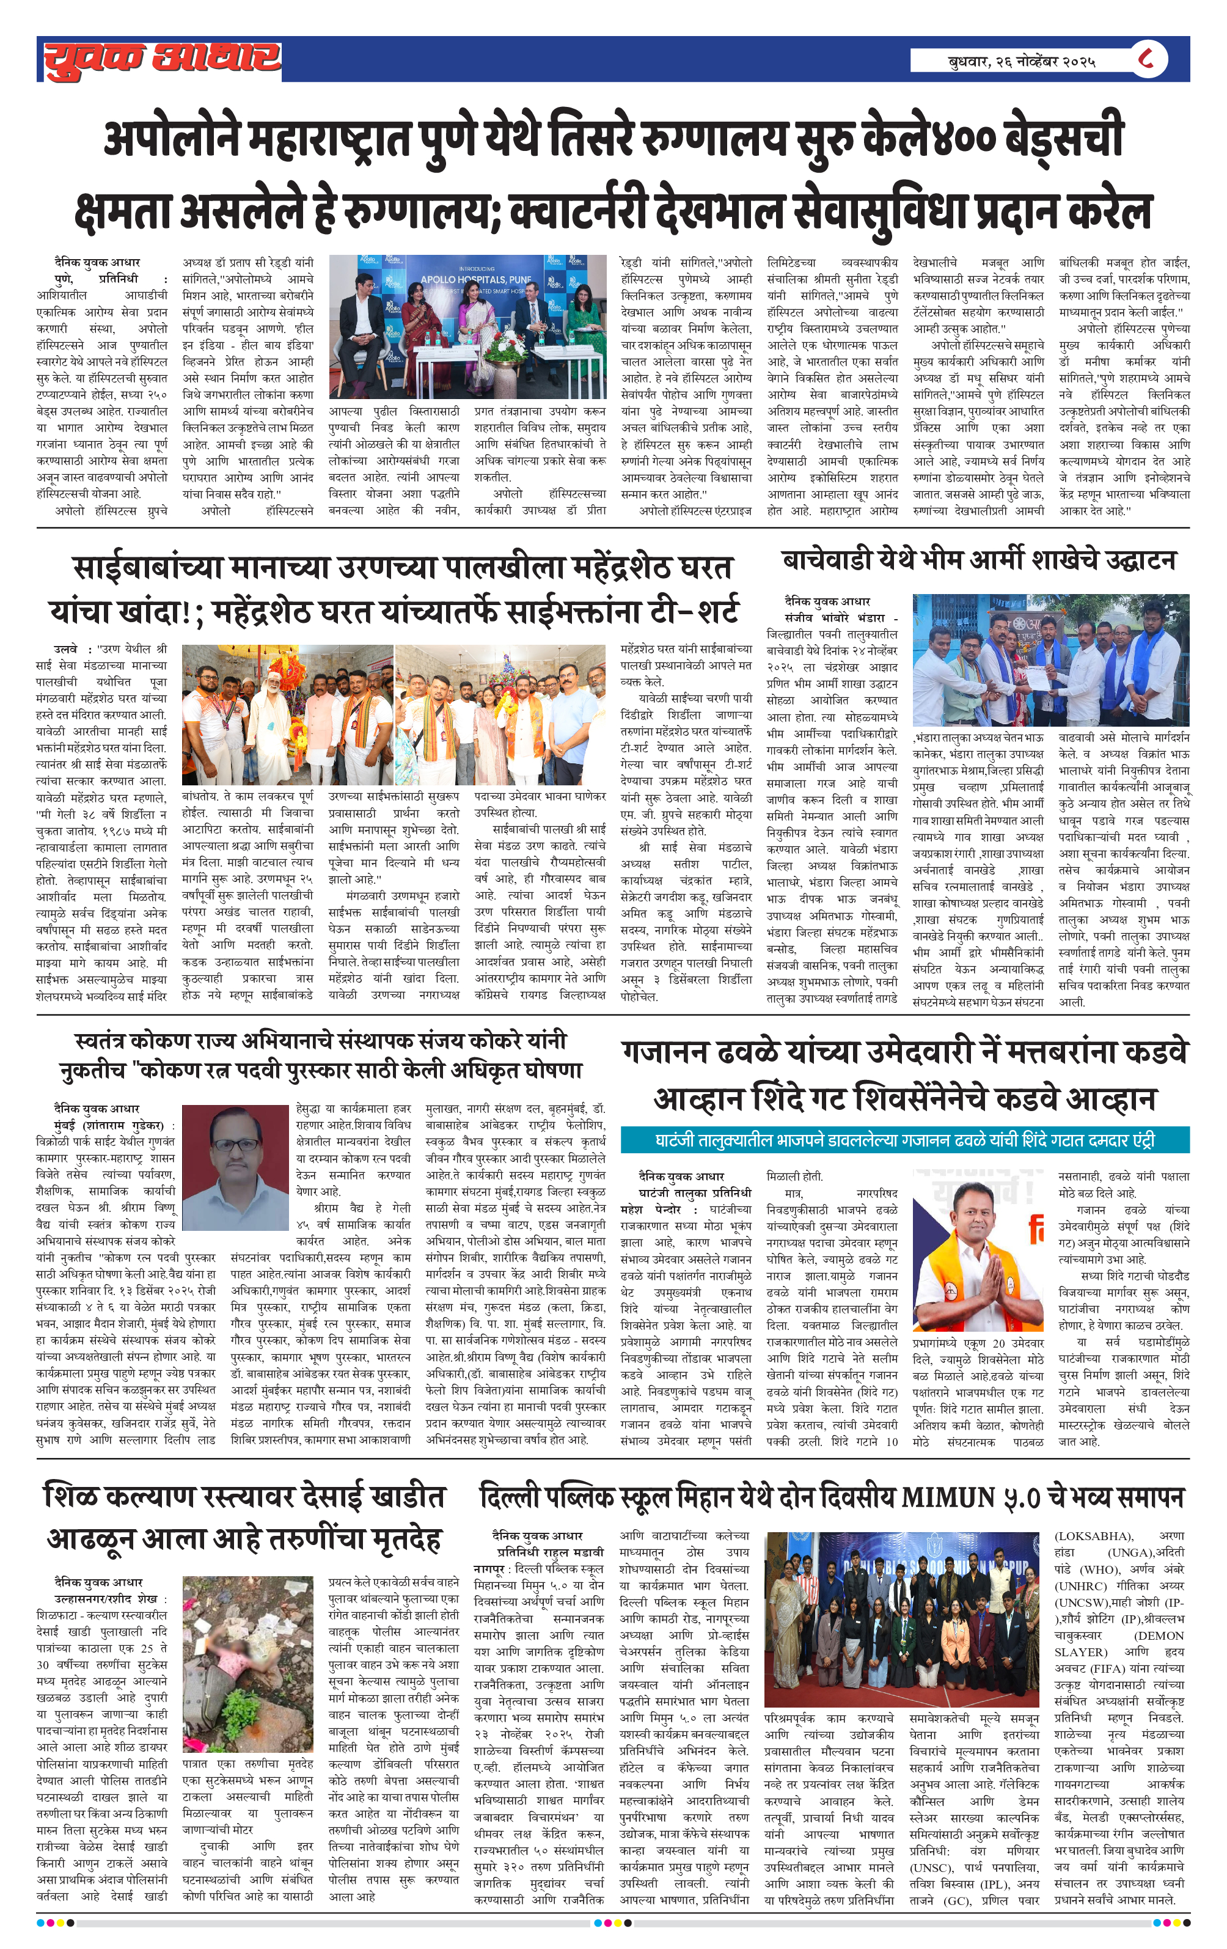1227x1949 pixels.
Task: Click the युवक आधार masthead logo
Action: (x=162, y=59)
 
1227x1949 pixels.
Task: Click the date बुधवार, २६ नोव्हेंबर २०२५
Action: (x=1022, y=61)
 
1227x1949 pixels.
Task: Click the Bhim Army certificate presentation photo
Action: (x=1050, y=659)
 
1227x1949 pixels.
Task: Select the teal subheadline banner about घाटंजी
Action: (x=904, y=1140)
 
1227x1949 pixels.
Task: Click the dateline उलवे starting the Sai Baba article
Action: (x=67, y=648)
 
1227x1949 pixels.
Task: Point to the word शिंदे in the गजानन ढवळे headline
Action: (x=848, y=1100)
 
